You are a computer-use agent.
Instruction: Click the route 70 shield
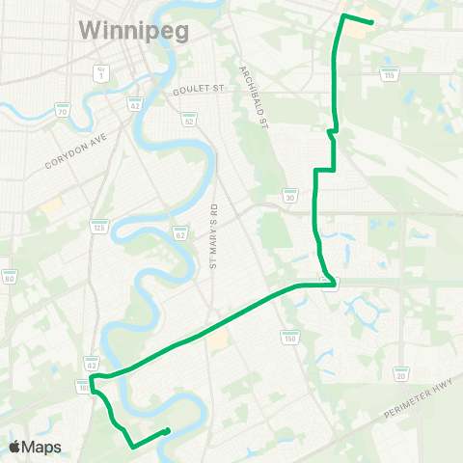[x=63, y=111]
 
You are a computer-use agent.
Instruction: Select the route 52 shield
[x=189, y=119]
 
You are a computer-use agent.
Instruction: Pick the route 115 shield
[x=389, y=73]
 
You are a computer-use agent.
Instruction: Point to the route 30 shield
[x=288, y=196]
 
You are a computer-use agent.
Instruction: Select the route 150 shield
[x=289, y=337]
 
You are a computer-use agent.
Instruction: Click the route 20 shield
[x=401, y=373]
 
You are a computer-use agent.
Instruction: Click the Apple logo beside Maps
[x=15, y=447]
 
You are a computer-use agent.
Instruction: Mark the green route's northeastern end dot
[x=371, y=23]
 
